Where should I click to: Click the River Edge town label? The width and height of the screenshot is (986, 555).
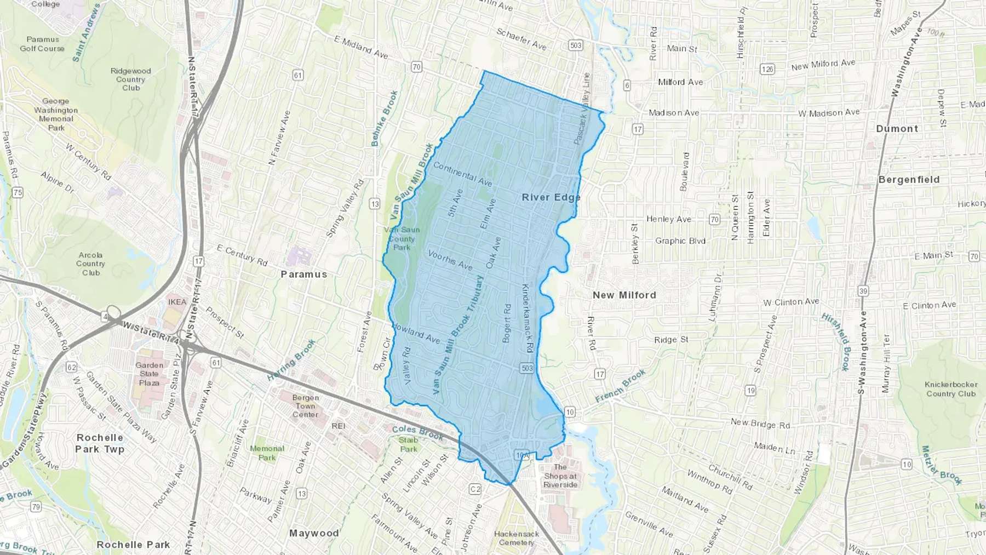tap(551, 197)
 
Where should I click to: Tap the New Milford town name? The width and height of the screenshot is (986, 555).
tap(624, 295)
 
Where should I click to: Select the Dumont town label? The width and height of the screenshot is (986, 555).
tap(897, 129)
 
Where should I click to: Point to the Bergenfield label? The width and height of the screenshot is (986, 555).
tap(909, 180)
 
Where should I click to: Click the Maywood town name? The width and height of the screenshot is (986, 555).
tap(314, 533)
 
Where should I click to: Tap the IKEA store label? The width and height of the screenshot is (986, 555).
tap(177, 302)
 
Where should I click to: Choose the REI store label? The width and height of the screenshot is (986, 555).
tap(338, 426)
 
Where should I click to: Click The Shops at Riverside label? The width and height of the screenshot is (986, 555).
tap(560, 476)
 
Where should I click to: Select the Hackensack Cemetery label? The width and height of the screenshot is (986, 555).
tap(516, 538)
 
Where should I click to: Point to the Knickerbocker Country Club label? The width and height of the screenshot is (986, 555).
tap(951, 389)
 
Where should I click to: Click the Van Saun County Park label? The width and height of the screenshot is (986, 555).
tap(402, 238)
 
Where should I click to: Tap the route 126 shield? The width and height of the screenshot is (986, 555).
tap(767, 69)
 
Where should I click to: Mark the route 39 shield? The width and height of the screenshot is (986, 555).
tap(863, 291)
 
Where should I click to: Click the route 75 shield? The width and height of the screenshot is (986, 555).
tap(18, 192)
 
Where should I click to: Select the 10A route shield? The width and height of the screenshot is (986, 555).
tap(522, 455)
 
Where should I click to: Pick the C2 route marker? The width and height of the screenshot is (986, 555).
tap(475, 489)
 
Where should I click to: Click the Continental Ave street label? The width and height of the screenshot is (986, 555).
tap(462, 173)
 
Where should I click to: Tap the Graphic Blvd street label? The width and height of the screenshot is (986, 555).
tap(680, 241)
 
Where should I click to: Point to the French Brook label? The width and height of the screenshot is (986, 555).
tap(621, 386)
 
